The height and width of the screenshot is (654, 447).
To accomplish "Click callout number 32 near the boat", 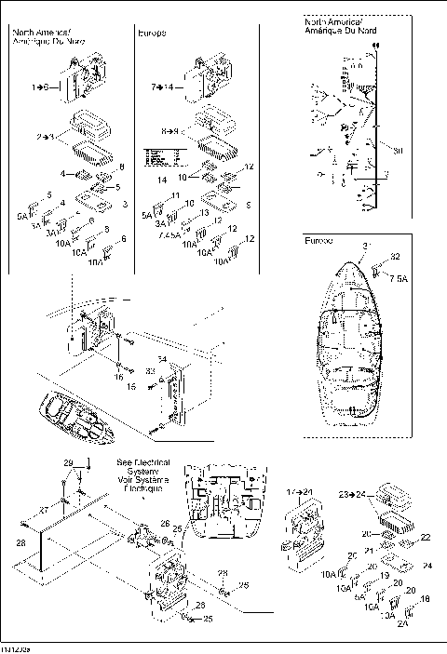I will point(395,257).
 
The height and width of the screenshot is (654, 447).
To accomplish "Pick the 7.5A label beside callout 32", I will point(400,278).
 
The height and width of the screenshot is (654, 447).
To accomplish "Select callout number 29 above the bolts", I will point(68,463).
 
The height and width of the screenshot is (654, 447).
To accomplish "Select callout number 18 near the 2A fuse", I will point(426,600).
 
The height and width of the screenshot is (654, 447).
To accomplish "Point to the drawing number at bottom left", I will point(15,644).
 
